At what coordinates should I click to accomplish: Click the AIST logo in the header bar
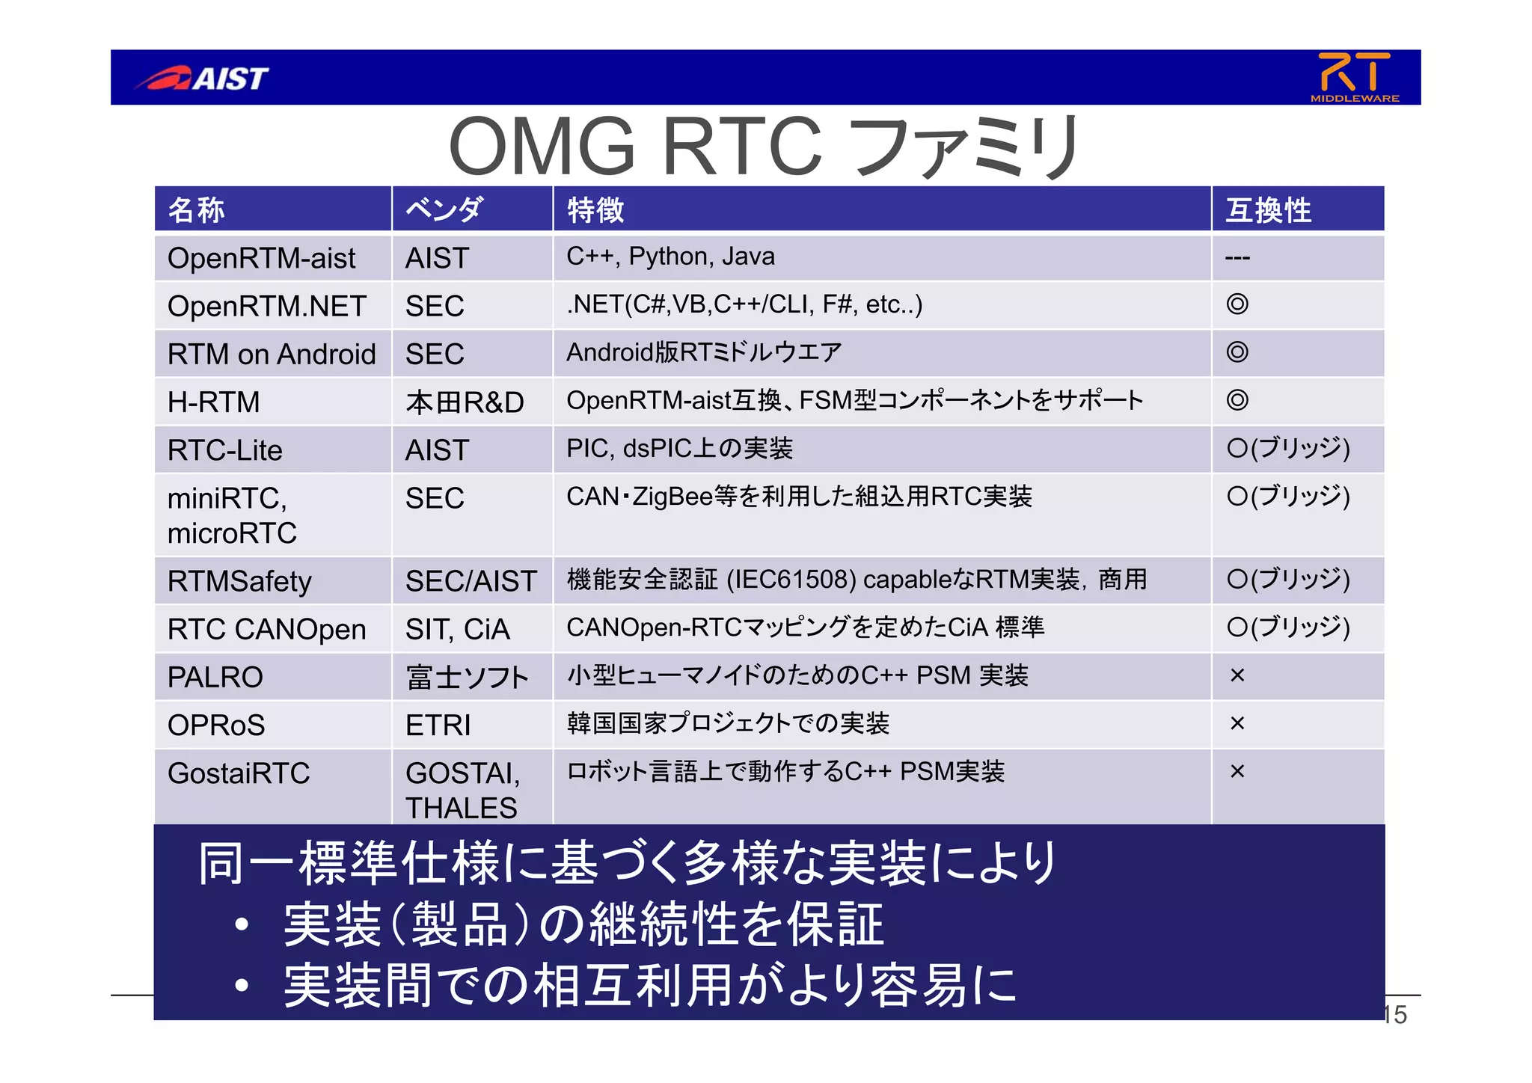[x=202, y=78]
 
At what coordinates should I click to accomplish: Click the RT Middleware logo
[x=1355, y=76]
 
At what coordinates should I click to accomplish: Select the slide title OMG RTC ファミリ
[x=764, y=146]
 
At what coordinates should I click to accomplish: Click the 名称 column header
[x=196, y=210]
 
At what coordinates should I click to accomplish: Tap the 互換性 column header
[x=1268, y=210]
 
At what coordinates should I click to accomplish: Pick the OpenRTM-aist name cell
[x=261, y=259]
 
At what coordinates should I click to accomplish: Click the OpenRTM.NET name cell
[x=266, y=307]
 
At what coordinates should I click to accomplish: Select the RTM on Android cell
[x=272, y=355]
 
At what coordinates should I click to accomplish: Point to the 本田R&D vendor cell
[x=465, y=402]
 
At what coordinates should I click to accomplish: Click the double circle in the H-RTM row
[x=1237, y=400]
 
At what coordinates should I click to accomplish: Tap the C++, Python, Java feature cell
[x=670, y=257]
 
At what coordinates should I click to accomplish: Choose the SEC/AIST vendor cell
[x=471, y=581]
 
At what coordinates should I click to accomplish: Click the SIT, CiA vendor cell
[x=457, y=629]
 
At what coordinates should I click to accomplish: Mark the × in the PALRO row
[x=1237, y=675]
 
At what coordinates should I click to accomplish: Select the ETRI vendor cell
[x=438, y=725]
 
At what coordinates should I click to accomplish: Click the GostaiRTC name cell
[x=239, y=773]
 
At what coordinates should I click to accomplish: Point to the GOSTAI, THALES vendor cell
[x=462, y=790]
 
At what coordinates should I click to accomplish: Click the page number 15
[x=1396, y=1015]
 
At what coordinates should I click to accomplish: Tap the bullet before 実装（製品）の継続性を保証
[x=241, y=925]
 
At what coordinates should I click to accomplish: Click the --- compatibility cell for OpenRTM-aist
[x=1238, y=258]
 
